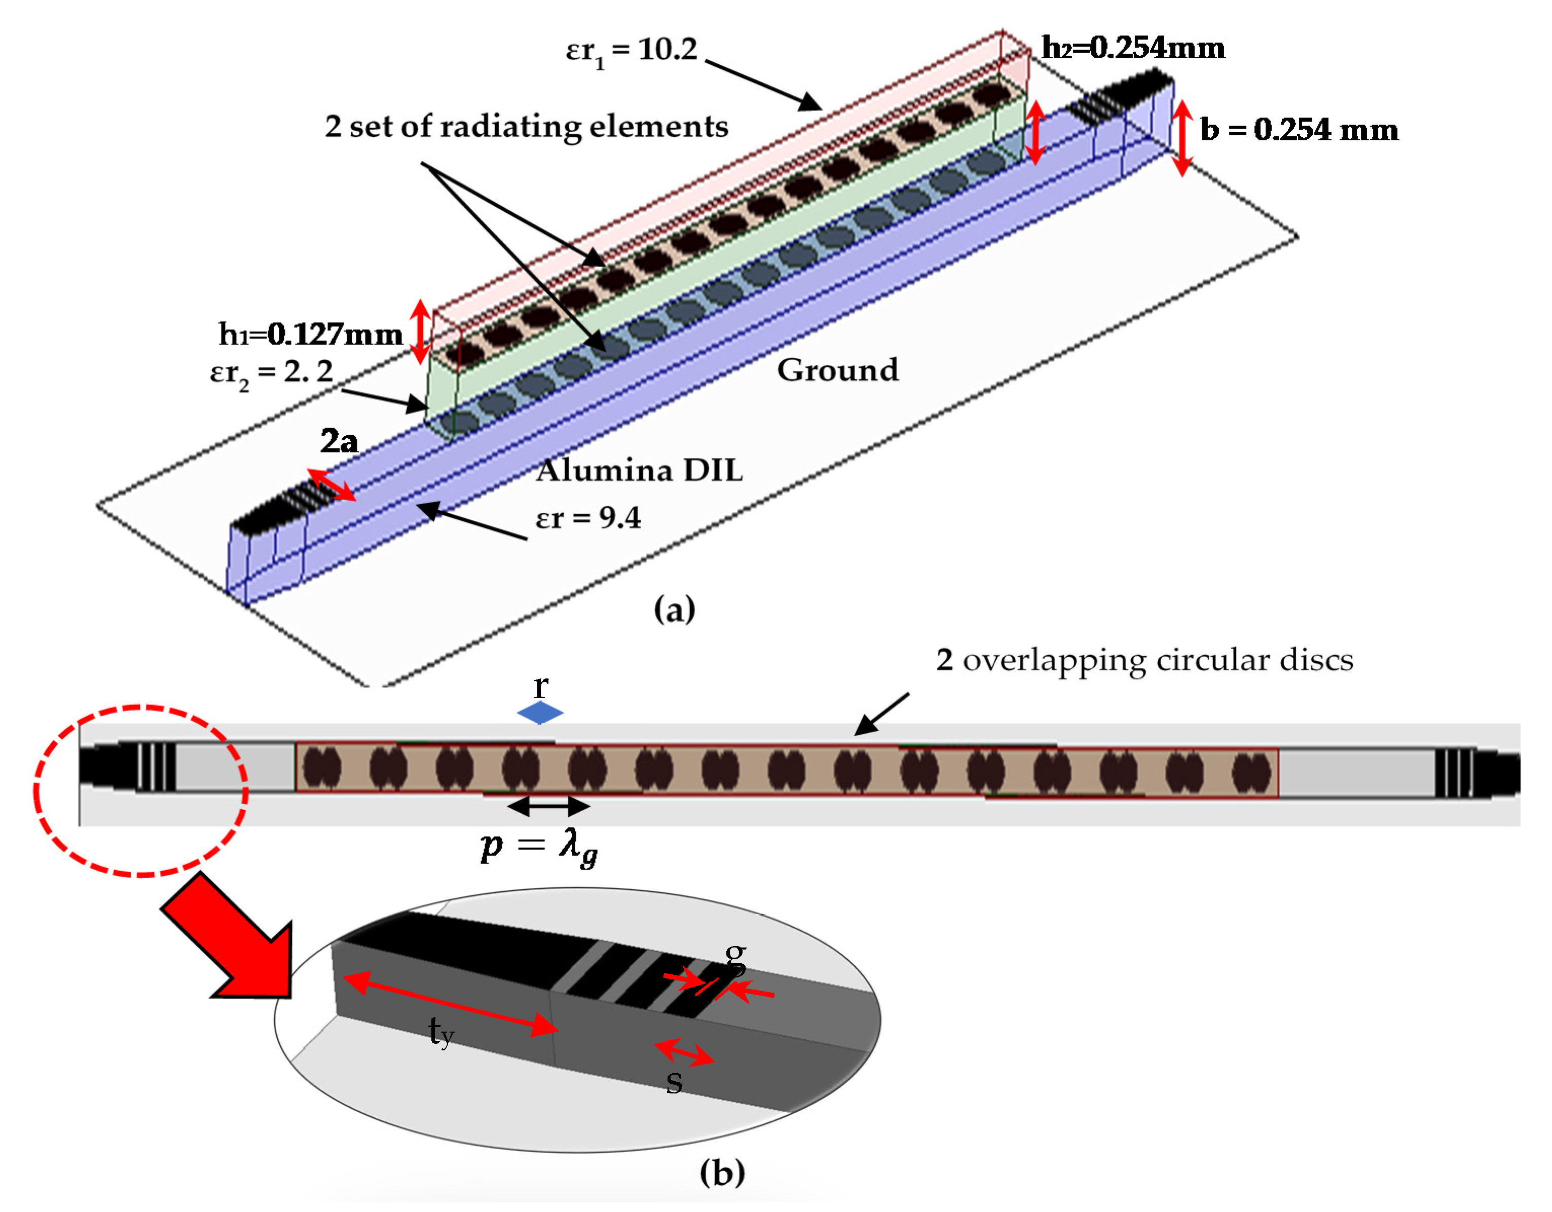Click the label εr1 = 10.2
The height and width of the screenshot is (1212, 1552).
(x=631, y=51)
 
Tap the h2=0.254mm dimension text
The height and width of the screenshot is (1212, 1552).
(x=1133, y=48)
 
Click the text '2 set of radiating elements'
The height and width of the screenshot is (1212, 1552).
(x=527, y=127)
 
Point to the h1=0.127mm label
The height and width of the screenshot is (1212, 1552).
(x=311, y=334)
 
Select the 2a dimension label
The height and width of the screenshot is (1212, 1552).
(x=339, y=442)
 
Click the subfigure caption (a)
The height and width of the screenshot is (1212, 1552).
(x=674, y=610)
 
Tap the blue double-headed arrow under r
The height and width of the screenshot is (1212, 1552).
(x=540, y=712)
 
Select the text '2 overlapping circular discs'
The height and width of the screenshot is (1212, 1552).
(x=1144, y=661)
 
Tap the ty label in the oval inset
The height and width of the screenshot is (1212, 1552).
(x=440, y=1032)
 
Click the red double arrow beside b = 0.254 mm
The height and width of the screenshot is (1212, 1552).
(x=1182, y=138)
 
